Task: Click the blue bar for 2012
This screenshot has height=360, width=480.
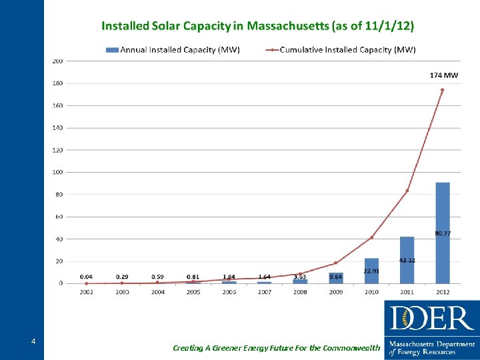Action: (443, 233)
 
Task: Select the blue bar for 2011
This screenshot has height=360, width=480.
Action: (407, 260)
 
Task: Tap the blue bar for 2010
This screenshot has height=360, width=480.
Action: (371, 271)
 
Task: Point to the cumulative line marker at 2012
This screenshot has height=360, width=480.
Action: (442, 90)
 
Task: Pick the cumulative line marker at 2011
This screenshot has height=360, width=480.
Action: (407, 191)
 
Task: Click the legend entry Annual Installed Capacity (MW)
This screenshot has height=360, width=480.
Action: (173, 49)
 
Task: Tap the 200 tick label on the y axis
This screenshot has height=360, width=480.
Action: (58, 61)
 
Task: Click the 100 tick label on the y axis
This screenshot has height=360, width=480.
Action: (58, 172)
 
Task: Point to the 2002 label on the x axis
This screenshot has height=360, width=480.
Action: (87, 292)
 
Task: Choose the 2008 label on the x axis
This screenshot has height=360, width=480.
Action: (300, 292)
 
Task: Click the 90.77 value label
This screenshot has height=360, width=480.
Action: (443, 233)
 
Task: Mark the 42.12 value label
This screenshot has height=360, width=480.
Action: (407, 260)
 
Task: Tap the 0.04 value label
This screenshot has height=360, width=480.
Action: (87, 276)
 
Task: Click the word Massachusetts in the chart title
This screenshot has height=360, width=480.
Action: (287, 26)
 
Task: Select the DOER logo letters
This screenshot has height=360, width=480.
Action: (432, 318)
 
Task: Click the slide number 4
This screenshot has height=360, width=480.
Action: (33, 342)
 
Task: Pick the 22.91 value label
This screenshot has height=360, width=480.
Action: (372, 271)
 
